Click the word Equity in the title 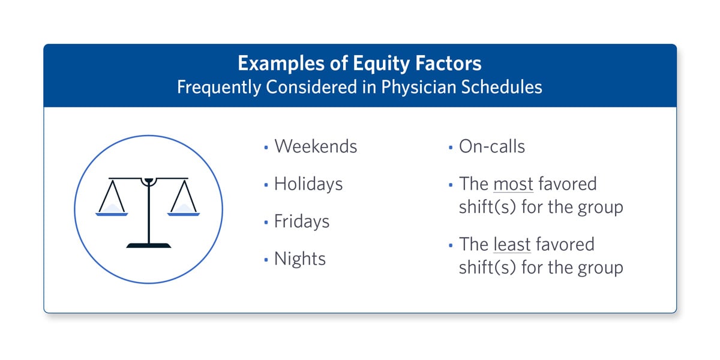[381, 64]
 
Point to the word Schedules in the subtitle [502, 87]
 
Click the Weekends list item [316, 146]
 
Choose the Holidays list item [308, 185]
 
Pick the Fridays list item [301, 222]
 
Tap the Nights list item [299, 259]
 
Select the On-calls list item [492, 146]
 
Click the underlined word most [513, 185]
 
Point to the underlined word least [512, 245]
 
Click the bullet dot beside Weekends [266, 148]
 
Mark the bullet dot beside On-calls [451, 148]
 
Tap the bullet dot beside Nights [266, 259]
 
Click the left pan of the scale [112, 214]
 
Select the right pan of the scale [184, 214]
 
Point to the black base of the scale [149, 245]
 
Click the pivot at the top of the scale [149, 181]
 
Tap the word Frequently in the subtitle [218, 88]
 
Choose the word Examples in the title [281, 64]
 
